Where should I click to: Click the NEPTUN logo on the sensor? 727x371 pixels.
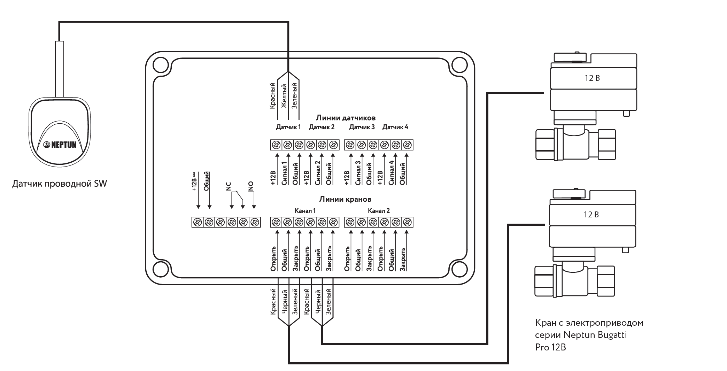(x=60, y=145)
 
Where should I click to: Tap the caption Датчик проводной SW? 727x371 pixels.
(x=60, y=184)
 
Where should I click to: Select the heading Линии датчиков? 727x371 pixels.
(x=346, y=118)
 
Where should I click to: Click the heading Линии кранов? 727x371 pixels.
(x=345, y=199)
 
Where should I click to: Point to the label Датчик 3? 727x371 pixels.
(x=362, y=127)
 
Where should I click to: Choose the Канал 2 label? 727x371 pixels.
(x=379, y=211)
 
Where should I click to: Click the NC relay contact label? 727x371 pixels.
(x=229, y=187)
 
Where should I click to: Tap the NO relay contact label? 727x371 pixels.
(x=251, y=187)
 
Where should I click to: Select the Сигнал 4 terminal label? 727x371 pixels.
(x=392, y=172)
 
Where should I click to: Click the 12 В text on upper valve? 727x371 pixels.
(x=592, y=78)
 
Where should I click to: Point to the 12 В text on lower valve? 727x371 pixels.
(x=591, y=215)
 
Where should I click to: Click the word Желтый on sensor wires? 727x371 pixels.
(x=284, y=96)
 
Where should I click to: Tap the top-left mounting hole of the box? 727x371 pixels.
(x=161, y=65)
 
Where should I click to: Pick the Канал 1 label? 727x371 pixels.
(x=305, y=211)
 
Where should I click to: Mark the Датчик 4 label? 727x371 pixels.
(x=395, y=127)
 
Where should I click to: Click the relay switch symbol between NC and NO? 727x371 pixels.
(x=237, y=197)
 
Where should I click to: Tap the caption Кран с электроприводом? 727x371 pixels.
(x=589, y=323)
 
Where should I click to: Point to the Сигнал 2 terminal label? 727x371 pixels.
(x=317, y=172)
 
